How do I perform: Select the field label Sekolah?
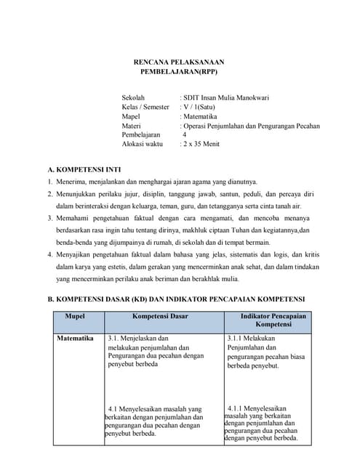133,97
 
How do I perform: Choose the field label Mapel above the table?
131,116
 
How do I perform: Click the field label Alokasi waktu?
143,144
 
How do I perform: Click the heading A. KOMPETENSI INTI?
86,169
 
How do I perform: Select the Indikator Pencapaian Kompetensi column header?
273,320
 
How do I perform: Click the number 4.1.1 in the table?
239,408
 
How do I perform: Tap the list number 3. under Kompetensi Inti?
50,217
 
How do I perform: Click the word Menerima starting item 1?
73,182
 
